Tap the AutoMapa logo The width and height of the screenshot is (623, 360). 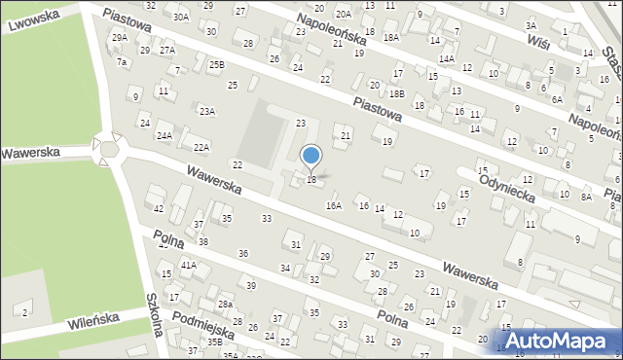pyautogui.click(x=559, y=340)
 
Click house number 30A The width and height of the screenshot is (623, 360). pyautogui.click(x=180, y=17)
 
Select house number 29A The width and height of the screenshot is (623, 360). pyautogui.click(x=119, y=37)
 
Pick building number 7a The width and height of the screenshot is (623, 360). pyautogui.click(x=122, y=61)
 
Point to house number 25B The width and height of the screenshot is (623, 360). pyautogui.click(x=216, y=64)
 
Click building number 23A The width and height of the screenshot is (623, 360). pyautogui.click(x=207, y=111)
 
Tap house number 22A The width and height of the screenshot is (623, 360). pyautogui.click(x=202, y=147)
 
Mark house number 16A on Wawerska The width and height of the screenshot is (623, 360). pyautogui.click(x=334, y=205)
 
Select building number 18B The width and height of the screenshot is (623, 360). pyautogui.click(x=396, y=93)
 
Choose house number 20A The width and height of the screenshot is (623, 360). pyautogui.click(x=343, y=15)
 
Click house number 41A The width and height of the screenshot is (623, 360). pyautogui.click(x=189, y=265)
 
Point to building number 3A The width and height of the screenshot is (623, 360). pyautogui.click(x=531, y=25)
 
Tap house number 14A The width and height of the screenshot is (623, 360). pyautogui.click(x=446, y=58)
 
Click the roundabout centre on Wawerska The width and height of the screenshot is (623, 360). pyautogui.click(x=109, y=150)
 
